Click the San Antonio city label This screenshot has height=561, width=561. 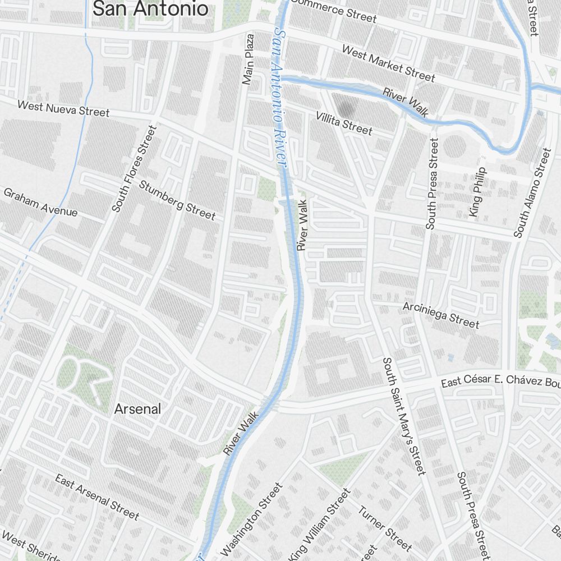tap(150, 8)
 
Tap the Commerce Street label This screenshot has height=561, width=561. tap(334, 11)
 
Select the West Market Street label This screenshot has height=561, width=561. tap(388, 63)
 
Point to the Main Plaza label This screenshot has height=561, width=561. tap(248, 59)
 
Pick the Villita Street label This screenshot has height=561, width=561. tap(343, 123)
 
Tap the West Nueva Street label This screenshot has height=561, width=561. tap(63, 108)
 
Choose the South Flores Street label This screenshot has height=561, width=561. tap(134, 168)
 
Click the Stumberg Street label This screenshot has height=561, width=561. tap(177, 200)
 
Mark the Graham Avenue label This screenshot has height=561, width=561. tap(40, 202)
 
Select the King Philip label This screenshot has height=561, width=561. tap(476, 192)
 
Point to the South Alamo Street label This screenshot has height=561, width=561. tap(530, 192)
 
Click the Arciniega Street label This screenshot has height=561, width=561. tap(441, 315)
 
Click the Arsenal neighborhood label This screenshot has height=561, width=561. tap(137, 409)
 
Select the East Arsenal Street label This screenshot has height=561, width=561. tap(96, 496)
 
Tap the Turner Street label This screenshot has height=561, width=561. tap(385, 527)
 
